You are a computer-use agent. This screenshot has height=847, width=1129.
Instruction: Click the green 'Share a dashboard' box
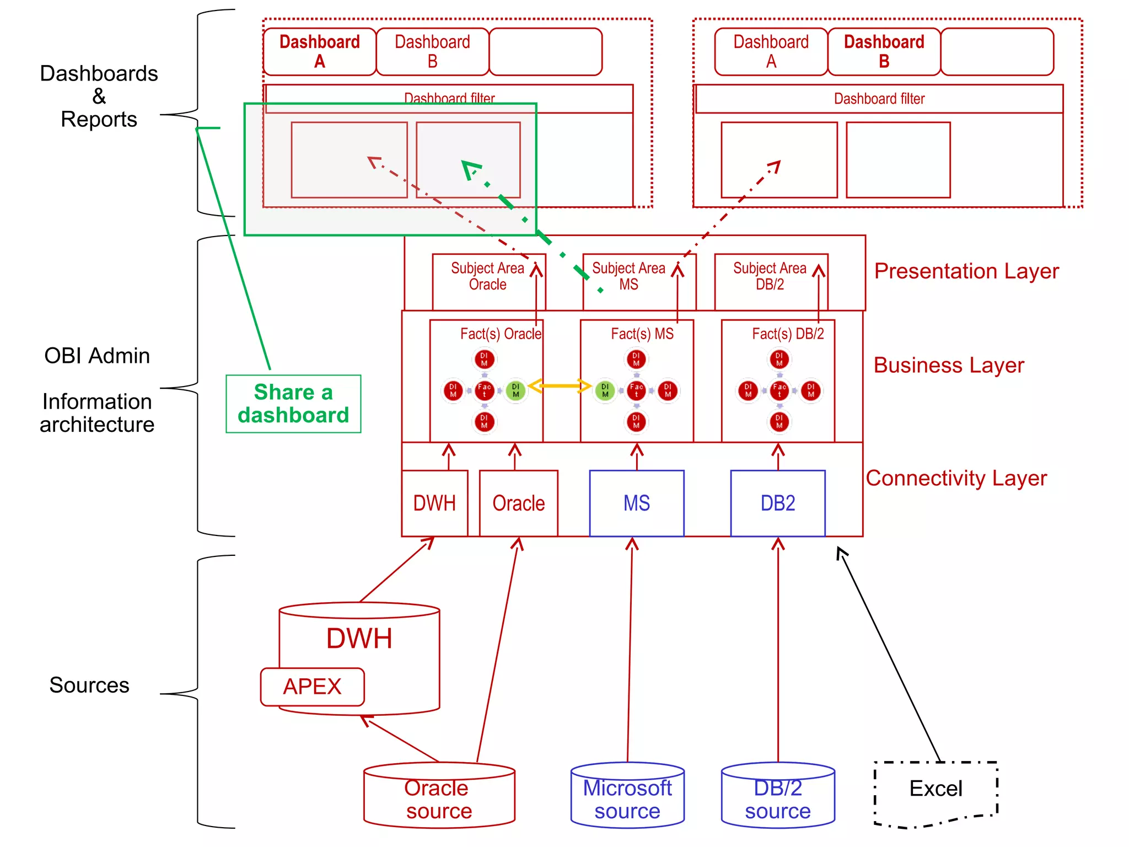(293, 404)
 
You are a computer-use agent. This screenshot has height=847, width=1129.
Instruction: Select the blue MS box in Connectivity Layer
(637, 503)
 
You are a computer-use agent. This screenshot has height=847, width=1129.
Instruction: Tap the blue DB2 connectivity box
(778, 503)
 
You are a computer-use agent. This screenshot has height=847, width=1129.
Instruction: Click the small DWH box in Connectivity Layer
(434, 503)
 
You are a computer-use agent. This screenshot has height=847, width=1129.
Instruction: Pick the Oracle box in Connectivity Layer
(518, 503)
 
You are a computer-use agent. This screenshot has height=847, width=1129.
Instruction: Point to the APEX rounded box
(312, 687)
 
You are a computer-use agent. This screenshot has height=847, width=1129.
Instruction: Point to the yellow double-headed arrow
(560, 385)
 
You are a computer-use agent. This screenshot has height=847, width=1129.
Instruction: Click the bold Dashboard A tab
(320, 51)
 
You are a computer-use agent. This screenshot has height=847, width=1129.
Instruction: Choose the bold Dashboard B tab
(884, 51)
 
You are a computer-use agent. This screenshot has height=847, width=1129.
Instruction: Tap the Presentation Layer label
(966, 271)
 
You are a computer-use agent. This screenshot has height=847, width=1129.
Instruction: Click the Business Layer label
(949, 365)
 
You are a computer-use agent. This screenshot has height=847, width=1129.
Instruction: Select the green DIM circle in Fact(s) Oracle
(515, 390)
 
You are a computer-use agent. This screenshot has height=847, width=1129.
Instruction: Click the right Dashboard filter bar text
(879, 99)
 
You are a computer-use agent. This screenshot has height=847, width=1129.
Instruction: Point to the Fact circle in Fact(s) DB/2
(779, 390)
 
